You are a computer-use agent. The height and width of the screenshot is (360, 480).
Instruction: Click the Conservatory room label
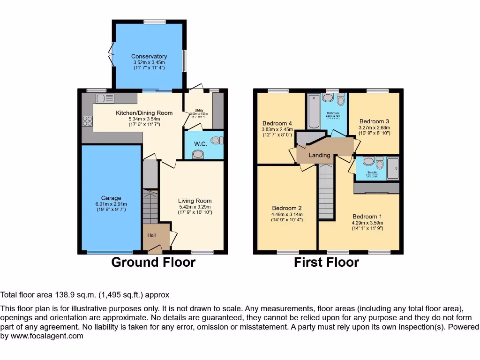149,57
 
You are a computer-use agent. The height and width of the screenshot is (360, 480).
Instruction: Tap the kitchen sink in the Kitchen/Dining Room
105,98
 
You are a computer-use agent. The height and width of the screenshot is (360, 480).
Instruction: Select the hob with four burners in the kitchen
87,121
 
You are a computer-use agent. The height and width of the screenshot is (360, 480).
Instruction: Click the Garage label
111,198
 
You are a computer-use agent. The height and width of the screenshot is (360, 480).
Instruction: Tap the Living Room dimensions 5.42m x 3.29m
195,207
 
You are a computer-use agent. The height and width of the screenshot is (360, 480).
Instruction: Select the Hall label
152,235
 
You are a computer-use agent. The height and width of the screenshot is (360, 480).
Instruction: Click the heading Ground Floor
153,262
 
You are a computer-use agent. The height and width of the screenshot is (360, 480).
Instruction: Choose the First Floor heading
326,262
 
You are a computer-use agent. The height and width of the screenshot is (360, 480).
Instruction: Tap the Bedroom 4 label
277,124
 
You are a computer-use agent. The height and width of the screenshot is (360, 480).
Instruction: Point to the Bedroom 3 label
374,121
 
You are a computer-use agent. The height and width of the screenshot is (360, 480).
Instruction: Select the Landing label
319,155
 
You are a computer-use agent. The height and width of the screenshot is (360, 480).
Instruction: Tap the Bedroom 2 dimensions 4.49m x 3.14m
286,214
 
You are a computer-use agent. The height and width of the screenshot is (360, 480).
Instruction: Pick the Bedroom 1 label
367,216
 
